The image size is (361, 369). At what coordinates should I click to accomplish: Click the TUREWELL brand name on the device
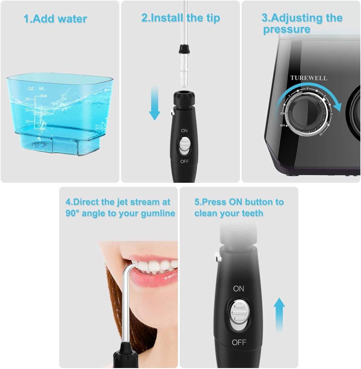click(308, 78)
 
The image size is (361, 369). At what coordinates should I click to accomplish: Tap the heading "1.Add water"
click(55, 19)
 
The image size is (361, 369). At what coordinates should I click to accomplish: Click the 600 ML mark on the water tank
click(43, 96)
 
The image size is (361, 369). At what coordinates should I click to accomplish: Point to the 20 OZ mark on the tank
click(28, 99)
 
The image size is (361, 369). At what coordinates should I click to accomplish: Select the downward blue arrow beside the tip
click(154, 103)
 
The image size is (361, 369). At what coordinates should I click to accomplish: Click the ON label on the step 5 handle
click(239, 288)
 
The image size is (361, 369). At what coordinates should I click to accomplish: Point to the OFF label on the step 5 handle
click(239, 342)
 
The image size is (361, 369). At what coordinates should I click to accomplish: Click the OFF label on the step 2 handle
click(184, 161)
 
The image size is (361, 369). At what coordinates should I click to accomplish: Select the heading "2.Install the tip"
click(181, 18)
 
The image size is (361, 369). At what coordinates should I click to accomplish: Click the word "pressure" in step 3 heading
click(286, 29)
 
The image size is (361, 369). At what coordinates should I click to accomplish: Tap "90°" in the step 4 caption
click(72, 213)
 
